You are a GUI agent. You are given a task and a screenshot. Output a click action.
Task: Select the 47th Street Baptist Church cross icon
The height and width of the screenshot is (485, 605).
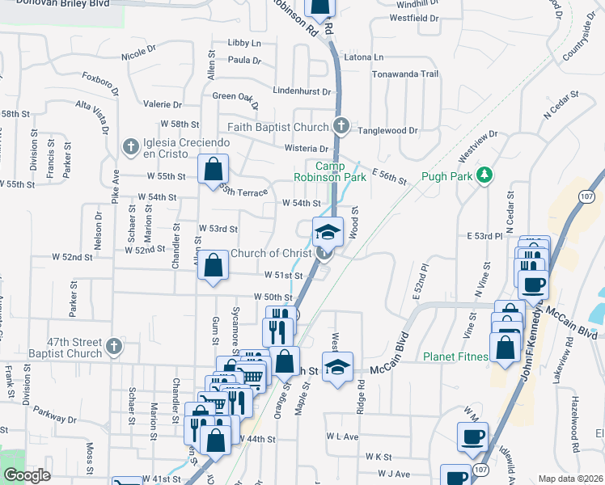point(114,346)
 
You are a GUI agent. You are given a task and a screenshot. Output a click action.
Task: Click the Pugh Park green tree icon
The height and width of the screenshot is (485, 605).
point(484,175)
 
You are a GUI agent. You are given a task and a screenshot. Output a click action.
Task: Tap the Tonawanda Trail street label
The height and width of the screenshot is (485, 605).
point(404,74)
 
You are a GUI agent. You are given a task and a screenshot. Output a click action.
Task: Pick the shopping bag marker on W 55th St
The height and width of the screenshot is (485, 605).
point(213,170)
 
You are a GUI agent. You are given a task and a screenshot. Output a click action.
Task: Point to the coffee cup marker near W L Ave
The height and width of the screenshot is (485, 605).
point(472,437)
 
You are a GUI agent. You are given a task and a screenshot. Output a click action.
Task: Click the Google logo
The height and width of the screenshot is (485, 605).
point(26,475)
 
